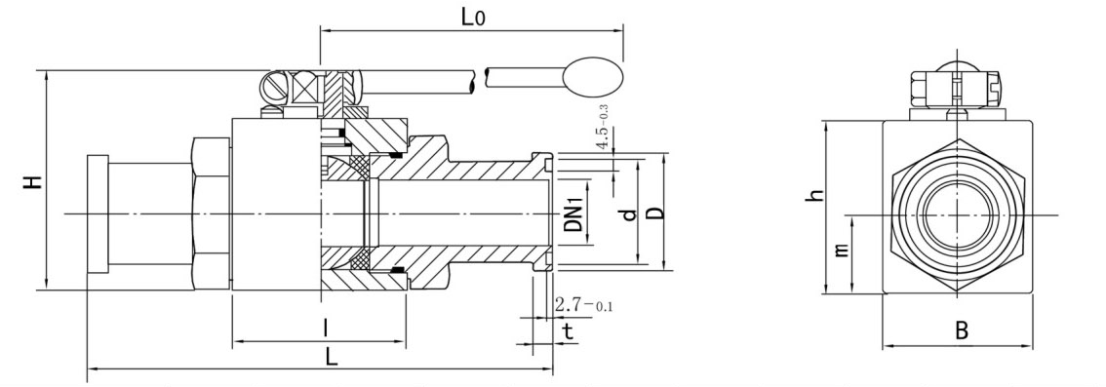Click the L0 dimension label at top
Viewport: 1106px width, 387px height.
coord(473,16)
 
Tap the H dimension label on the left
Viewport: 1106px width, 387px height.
coord(32,182)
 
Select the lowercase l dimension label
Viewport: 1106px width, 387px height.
coord(325,327)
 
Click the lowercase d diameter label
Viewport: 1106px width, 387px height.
coord(630,213)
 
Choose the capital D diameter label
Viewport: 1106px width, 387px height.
coord(655,213)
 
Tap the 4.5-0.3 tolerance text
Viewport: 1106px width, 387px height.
coord(603,127)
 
